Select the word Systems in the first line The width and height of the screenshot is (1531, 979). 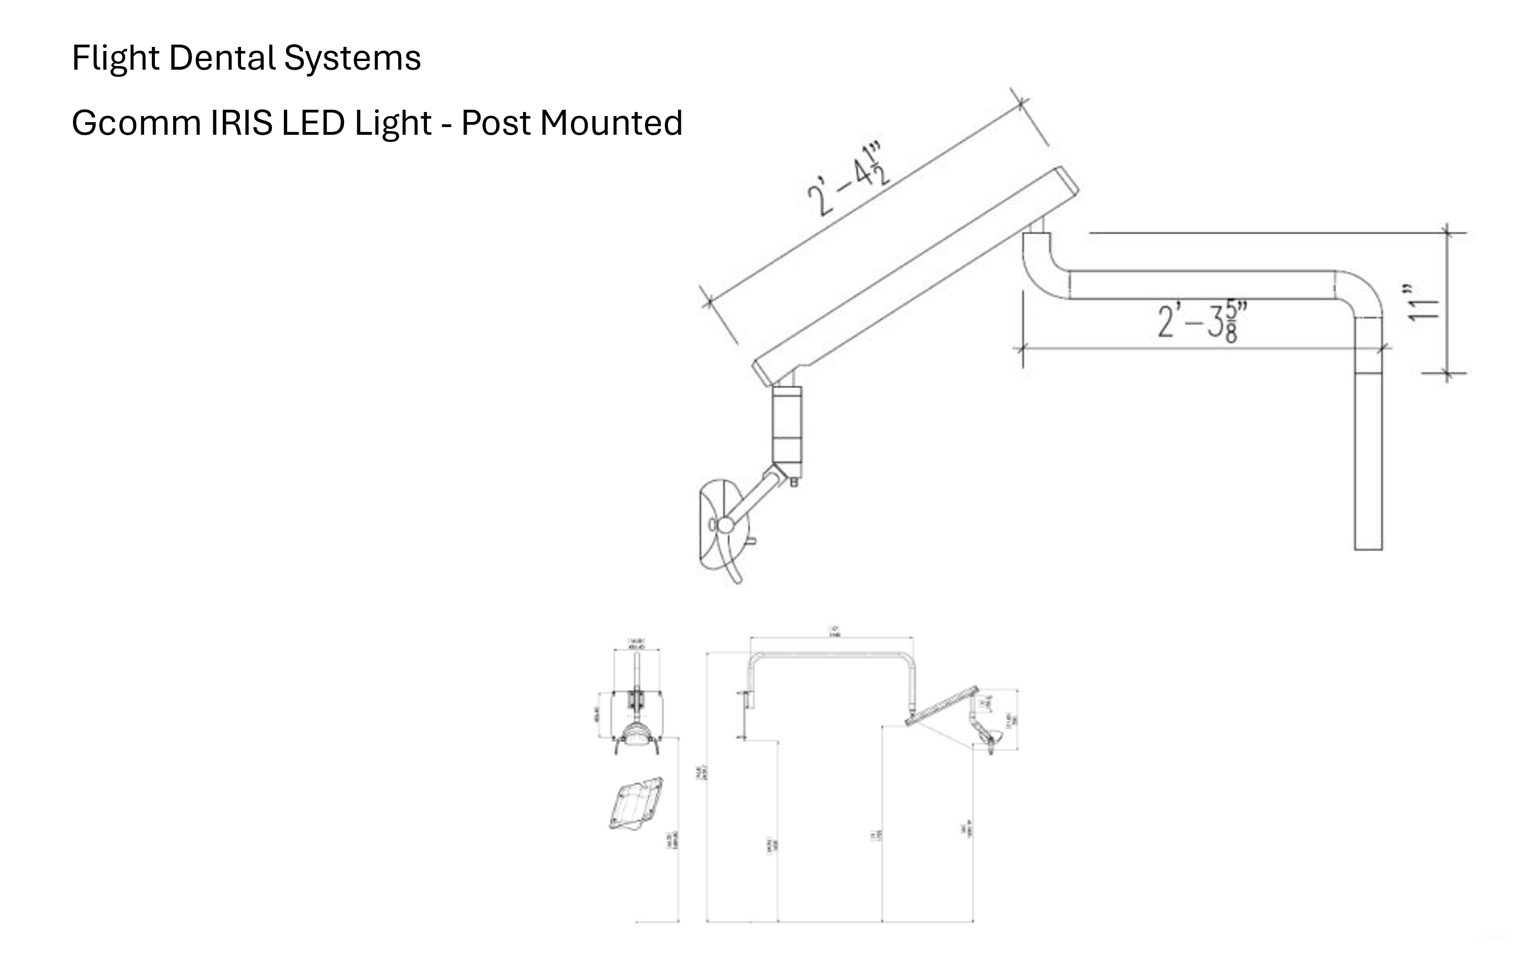pyautogui.click(x=352, y=58)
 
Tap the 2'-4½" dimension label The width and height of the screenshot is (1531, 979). pyautogui.click(x=848, y=180)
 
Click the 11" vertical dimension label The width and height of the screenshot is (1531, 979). pyautogui.click(x=1422, y=303)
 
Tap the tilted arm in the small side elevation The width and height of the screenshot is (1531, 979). pyautogui.click(x=942, y=706)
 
